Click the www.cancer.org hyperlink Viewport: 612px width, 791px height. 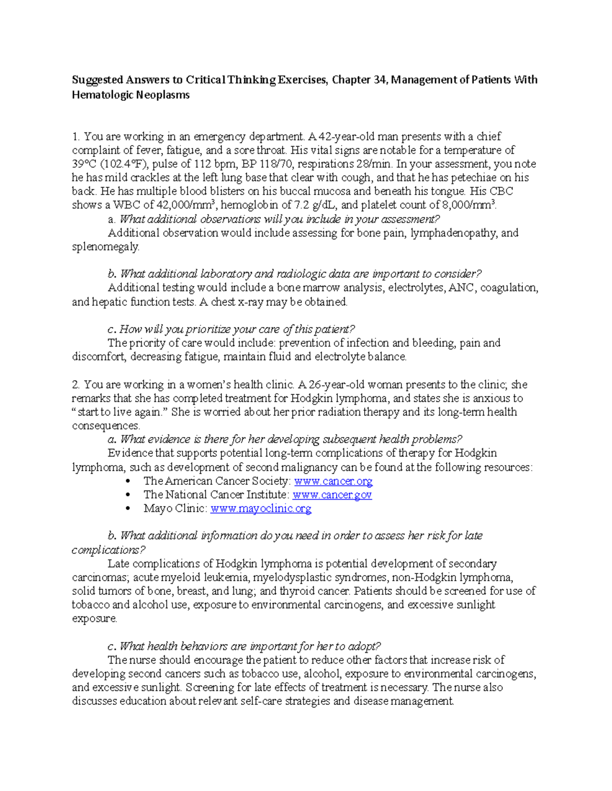pos(334,481)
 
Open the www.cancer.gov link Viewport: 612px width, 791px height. pos(332,495)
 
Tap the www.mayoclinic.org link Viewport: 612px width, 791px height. pos(261,508)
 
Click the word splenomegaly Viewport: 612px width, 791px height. pos(105,247)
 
